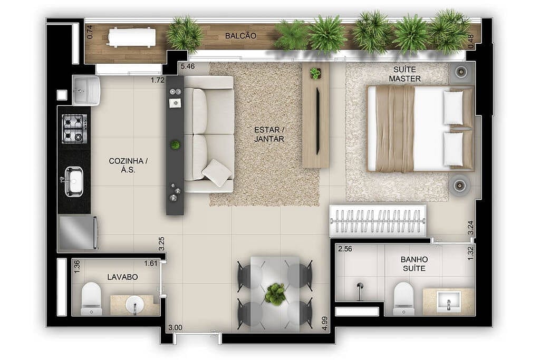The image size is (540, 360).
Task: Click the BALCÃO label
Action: tap(240, 36)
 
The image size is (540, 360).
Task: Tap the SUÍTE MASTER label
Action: tap(404, 74)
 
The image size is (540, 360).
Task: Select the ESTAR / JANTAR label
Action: tap(269, 134)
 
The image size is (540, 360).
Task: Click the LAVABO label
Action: tap(122, 276)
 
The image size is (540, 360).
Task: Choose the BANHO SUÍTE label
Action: tap(414, 264)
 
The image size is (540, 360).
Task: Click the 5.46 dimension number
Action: tap(188, 67)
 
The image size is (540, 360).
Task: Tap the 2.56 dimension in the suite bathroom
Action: tap(345, 249)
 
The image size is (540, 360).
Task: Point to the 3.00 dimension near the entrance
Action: tap(175, 327)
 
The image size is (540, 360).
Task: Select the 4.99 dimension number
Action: tap(325, 322)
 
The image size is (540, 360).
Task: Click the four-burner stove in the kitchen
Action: tap(74, 129)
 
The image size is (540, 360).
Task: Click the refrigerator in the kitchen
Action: tap(78, 232)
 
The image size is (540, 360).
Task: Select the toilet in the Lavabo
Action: tap(91, 298)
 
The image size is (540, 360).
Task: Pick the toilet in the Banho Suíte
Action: tap(403, 298)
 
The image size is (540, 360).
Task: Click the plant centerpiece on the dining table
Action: tap(274, 294)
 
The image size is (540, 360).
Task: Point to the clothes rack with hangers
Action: tap(378, 220)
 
